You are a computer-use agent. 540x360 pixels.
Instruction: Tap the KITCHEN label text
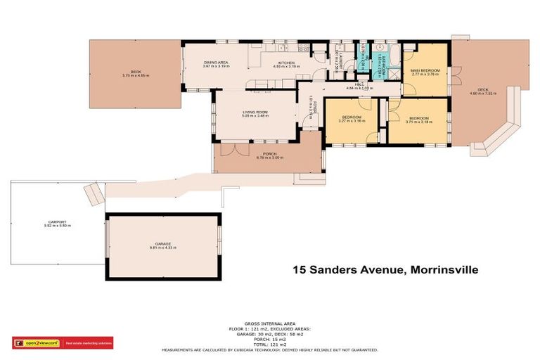tap(285, 63)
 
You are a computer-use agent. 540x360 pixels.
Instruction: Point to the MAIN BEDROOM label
tap(425, 70)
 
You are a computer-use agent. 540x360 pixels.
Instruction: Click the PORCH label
tap(269, 153)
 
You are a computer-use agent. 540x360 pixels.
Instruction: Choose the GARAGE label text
tap(163, 244)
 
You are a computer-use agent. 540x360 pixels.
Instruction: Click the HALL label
tap(350, 85)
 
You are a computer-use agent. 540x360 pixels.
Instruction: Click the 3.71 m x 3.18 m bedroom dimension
tap(419, 122)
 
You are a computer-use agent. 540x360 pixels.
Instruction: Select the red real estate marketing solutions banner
tap(88, 343)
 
